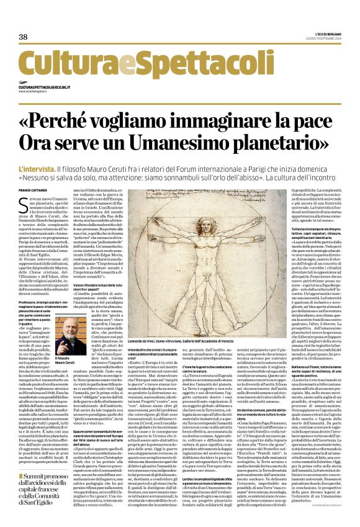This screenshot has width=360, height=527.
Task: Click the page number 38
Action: point(24,37)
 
